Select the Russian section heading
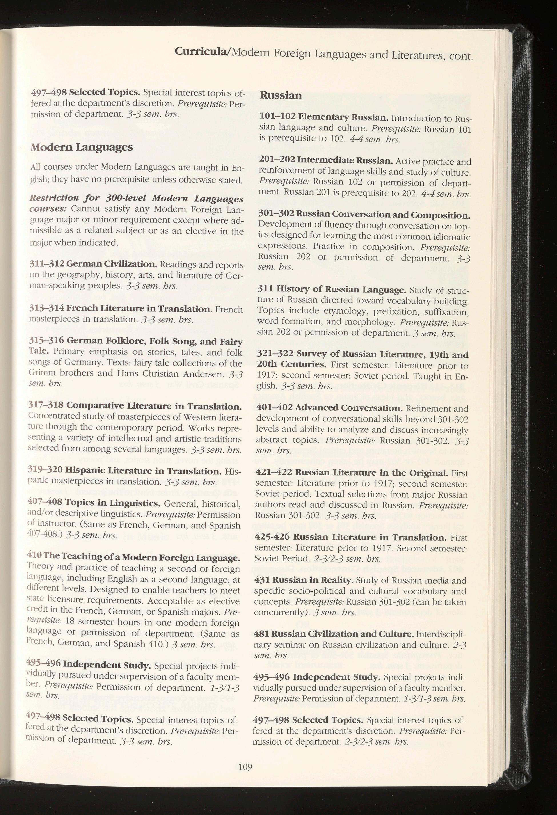(280, 96)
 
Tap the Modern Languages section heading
(82, 147)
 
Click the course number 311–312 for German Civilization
(46, 263)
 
